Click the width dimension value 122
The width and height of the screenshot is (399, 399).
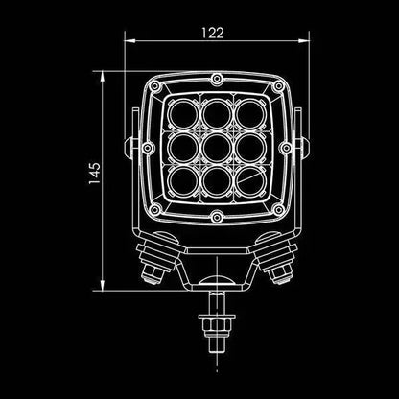[x=214, y=32]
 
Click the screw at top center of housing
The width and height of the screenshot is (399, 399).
[x=216, y=78]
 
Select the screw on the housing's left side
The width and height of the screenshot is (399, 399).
[x=149, y=149]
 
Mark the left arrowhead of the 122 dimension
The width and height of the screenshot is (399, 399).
[x=130, y=40]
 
